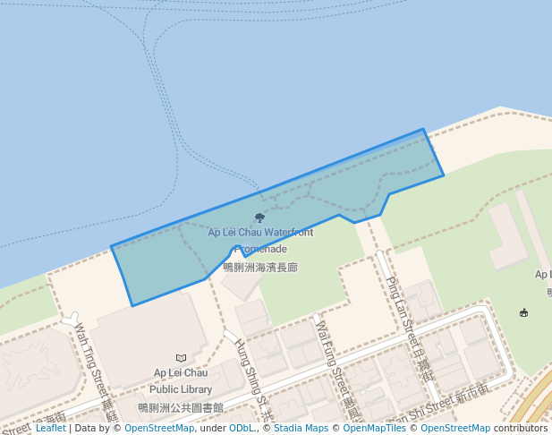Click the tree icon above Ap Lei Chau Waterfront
(x=259, y=217)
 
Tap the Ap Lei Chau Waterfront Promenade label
(x=260, y=240)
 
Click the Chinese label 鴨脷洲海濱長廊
(x=260, y=267)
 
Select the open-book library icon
(x=182, y=358)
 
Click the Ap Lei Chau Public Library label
(x=181, y=380)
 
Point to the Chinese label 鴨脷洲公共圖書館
(x=181, y=407)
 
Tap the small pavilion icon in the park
(x=523, y=312)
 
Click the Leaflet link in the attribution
(x=50, y=428)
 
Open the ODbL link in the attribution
(x=242, y=428)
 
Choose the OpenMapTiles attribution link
(x=375, y=428)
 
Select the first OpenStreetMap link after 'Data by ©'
(x=158, y=428)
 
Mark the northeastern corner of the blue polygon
(x=423, y=130)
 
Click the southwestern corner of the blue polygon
(x=132, y=305)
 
